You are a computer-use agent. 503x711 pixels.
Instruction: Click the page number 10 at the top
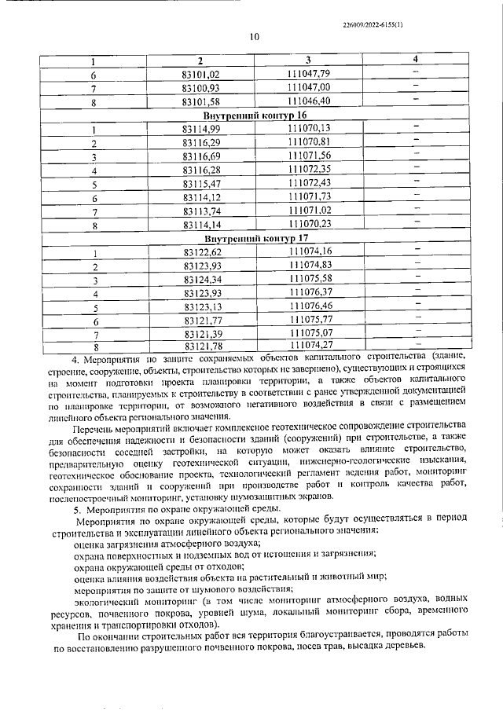(254, 36)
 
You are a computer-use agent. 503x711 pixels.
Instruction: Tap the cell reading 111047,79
(308, 74)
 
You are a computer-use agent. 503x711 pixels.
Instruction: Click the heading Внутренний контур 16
(253, 115)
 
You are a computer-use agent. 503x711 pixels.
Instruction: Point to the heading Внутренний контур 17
(253, 238)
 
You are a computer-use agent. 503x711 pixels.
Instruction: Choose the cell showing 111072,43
(309, 183)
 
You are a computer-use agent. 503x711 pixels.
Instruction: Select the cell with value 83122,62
(200, 252)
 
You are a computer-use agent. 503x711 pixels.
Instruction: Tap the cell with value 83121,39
(200, 333)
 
